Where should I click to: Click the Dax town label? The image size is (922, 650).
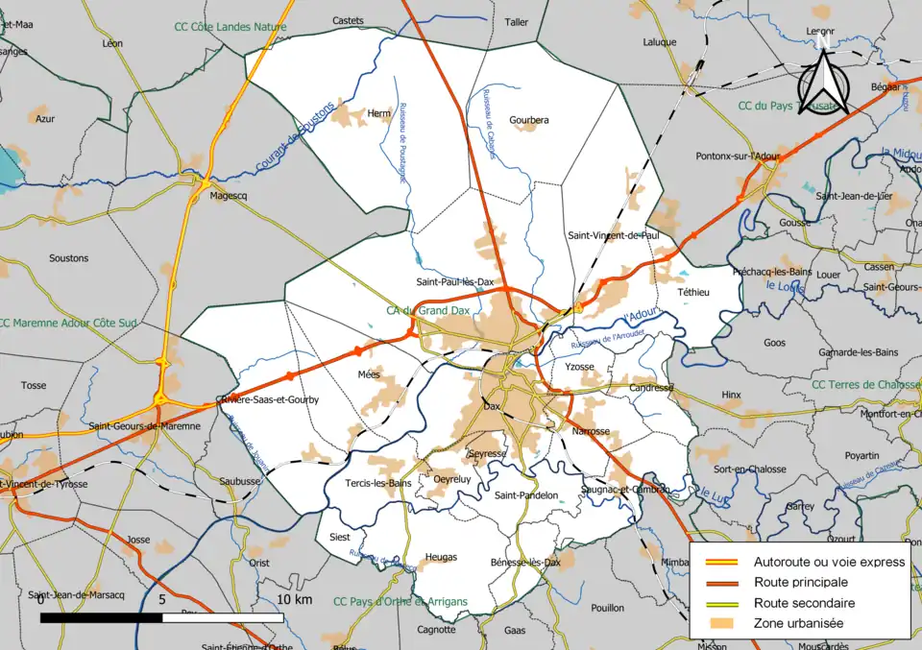(x=493, y=406)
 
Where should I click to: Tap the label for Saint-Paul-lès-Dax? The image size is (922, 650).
(x=454, y=282)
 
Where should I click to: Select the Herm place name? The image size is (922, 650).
(x=379, y=113)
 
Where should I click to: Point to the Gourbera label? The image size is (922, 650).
(x=529, y=120)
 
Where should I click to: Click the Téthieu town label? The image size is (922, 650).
(x=693, y=292)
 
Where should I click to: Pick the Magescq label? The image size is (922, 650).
(x=229, y=197)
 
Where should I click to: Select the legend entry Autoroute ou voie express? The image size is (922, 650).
(x=829, y=562)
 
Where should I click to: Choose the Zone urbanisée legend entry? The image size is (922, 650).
(x=798, y=623)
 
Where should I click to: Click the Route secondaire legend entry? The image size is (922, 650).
(x=804, y=603)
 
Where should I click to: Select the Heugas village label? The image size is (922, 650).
(x=440, y=557)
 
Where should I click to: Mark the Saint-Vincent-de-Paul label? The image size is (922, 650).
(x=613, y=234)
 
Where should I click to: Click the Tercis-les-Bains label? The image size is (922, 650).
(x=377, y=483)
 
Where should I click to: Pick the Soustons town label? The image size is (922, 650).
(x=68, y=258)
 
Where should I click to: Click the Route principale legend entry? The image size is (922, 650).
(x=800, y=582)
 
